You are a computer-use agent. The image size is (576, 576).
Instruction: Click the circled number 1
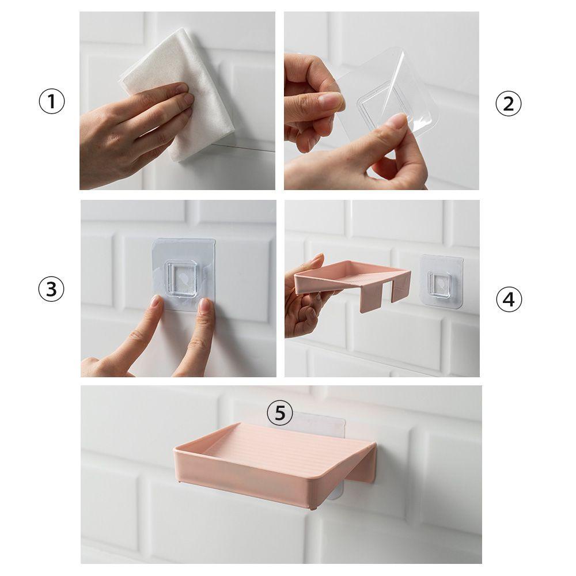click(x=52, y=103)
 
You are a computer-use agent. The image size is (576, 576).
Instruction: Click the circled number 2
click(x=508, y=104)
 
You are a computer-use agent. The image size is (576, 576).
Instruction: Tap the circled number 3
click(x=52, y=289)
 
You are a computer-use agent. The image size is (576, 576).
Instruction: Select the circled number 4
click(x=508, y=299)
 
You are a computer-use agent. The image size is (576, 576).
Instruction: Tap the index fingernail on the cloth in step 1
click(x=183, y=88)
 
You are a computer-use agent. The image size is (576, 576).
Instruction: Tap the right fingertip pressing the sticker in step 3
click(x=204, y=306)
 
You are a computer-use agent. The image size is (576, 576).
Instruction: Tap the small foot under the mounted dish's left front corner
click(x=182, y=479)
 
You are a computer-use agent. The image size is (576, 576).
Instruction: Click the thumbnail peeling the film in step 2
click(x=396, y=120)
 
